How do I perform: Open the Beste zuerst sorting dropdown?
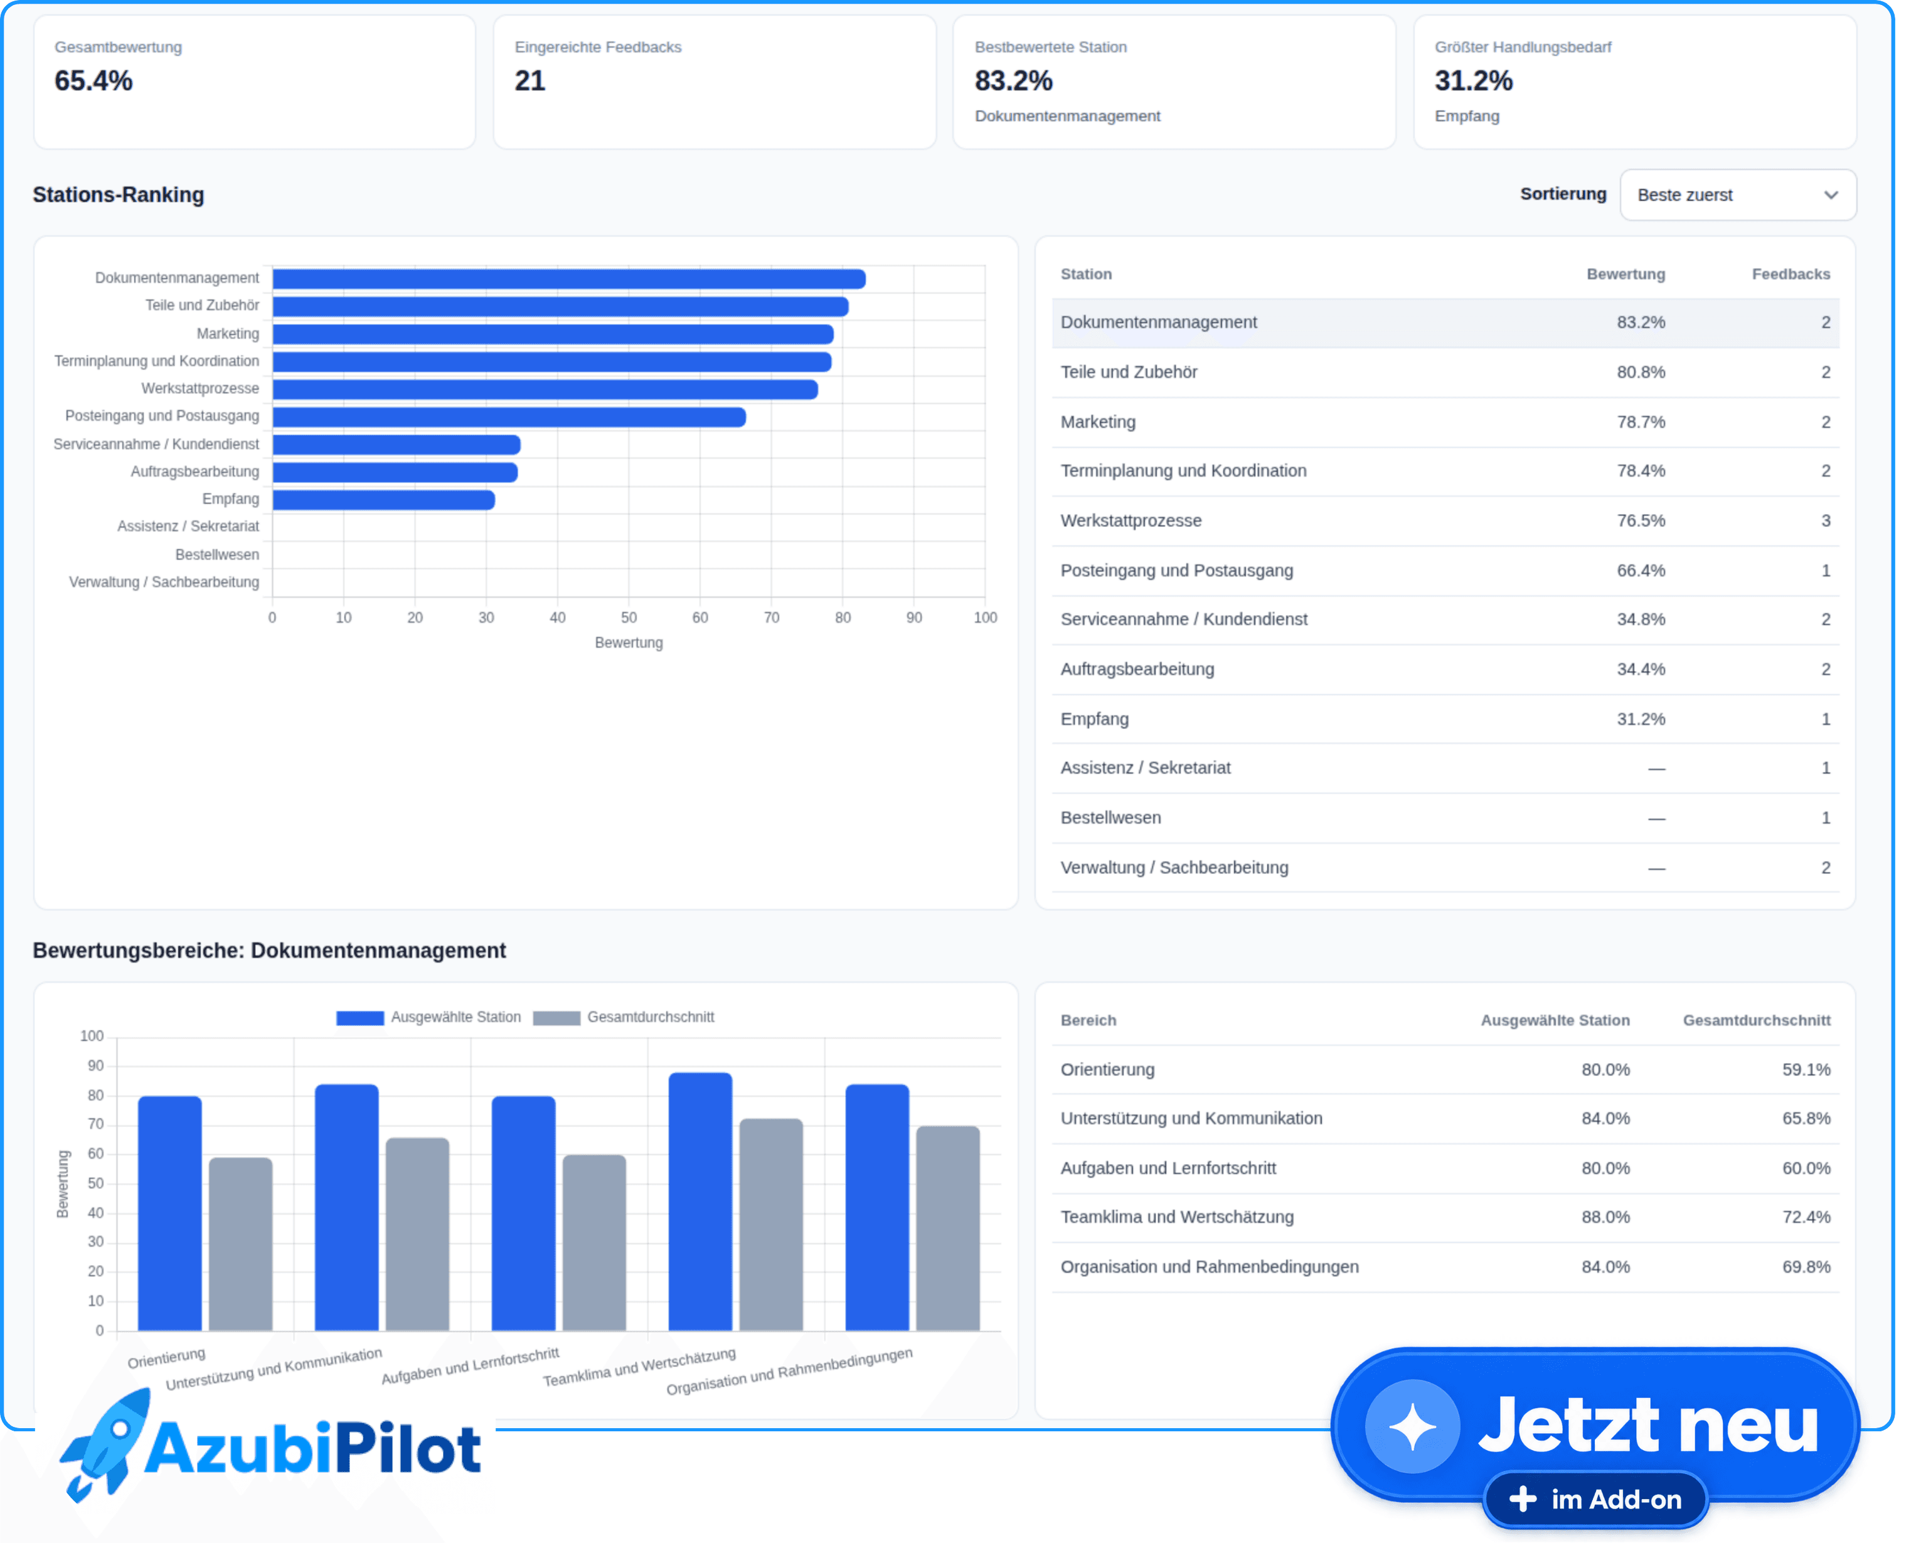click(x=1737, y=195)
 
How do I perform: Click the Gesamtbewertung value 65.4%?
click(x=93, y=81)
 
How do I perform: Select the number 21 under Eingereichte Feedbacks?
click(x=529, y=81)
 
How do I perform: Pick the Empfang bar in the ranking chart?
click(x=384, y=500)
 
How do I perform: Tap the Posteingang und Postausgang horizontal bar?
click(x=509, y=417)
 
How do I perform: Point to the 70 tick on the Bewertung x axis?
click(x=772, y=617)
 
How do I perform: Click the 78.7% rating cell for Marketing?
click(x=1641, y=422)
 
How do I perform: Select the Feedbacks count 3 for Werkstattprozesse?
click(x=1826, y=521)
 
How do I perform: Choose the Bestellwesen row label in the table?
click(x=1110, y=818)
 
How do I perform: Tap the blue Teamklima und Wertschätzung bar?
click(x=700, y=1202)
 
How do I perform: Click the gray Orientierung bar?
click(x=240, y=1244)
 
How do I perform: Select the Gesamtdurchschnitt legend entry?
click(x=624, y=1018)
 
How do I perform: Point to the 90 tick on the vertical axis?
click(x=95, y=1066)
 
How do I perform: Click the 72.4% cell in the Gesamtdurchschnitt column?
click(x=1806, y=1217)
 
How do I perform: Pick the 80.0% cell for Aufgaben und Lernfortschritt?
click(x=1605, y=1168)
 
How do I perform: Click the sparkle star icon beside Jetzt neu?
click(x=1412, y=1427)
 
